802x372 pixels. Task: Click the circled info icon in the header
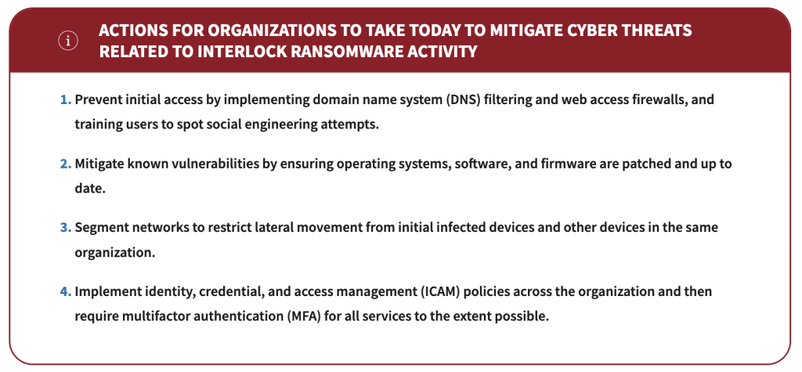[68, 41]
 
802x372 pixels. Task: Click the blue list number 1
[66, 99]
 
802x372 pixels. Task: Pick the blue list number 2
[66, 164]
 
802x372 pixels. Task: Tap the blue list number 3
[66, 227]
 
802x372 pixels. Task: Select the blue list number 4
[66, 291]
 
